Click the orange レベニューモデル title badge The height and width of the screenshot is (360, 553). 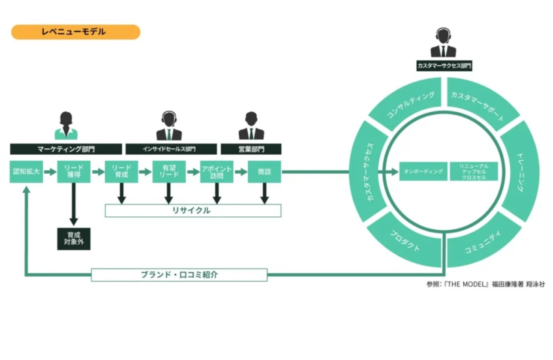[75, 32]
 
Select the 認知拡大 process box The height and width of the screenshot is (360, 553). [27, 172]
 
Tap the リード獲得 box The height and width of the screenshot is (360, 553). [74, 172]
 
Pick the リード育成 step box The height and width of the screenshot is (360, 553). [121, 172]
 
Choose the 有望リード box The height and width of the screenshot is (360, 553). [169, 172]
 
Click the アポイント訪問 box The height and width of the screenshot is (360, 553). [216, 172]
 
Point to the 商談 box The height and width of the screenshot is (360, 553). [264, 172]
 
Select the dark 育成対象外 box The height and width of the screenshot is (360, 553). [74, 239]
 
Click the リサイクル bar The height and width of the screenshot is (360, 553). [193, 210]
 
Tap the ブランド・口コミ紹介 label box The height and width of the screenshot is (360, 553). [179, 275]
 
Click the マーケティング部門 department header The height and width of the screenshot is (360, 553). [66, 149]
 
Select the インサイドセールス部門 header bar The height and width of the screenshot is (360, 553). [171, 149]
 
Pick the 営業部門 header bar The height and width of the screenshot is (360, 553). [251, 149]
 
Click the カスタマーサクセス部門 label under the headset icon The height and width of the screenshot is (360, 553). [444, 66]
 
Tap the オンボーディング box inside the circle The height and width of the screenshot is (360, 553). [423, 171]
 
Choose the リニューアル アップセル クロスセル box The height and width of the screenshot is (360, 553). [474, 171]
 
